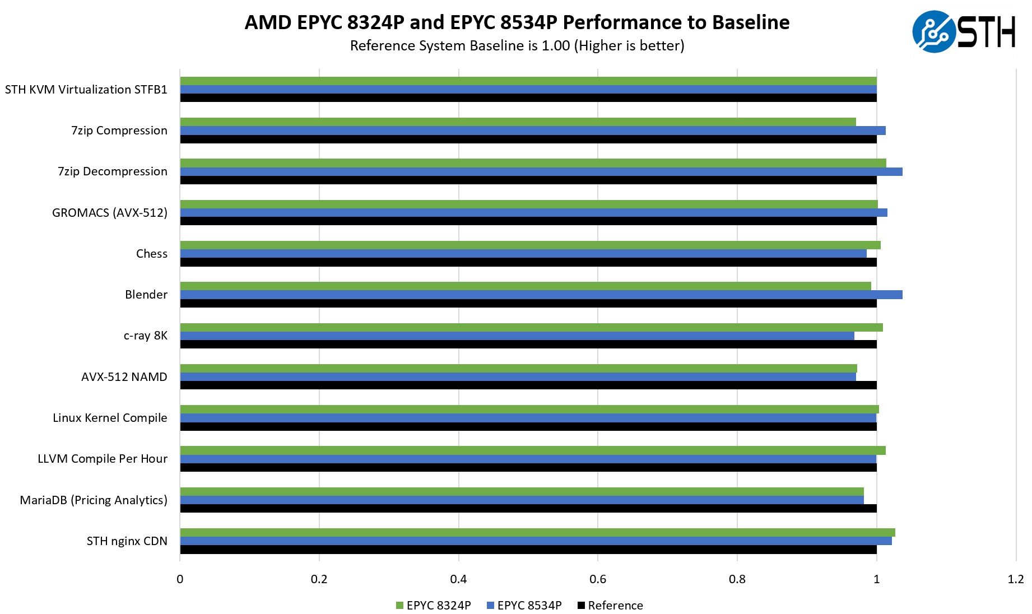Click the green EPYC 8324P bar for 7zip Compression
click(x=518, y=122)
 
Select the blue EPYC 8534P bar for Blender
click(x=541, y=295)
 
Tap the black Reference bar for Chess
click(x=528, y=262)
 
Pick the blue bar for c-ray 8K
click(x=517, y=336)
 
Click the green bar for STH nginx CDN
click(x=537, y=533)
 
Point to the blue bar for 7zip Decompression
click(x=541, y=171)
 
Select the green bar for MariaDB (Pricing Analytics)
click(x=522, y=492)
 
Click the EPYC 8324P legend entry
click(x=433, y=606)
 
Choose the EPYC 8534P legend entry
click(x=524, y=606)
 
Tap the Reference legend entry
click(x=610, y=606)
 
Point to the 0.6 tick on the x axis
click(x=598, y=579)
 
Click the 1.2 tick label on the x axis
click(x=1015, y=579)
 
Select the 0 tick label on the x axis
click(x=180, y=579)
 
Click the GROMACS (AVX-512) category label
click(x=110, y=213)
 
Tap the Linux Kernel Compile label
click(x=110, y=418)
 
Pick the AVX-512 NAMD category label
click(x=124, y=377)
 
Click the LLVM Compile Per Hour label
click(x=103, y=459)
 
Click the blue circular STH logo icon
click(x=933, y=31)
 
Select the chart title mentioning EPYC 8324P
click(x=517, y=22)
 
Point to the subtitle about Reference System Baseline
click(x=517, y=45)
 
